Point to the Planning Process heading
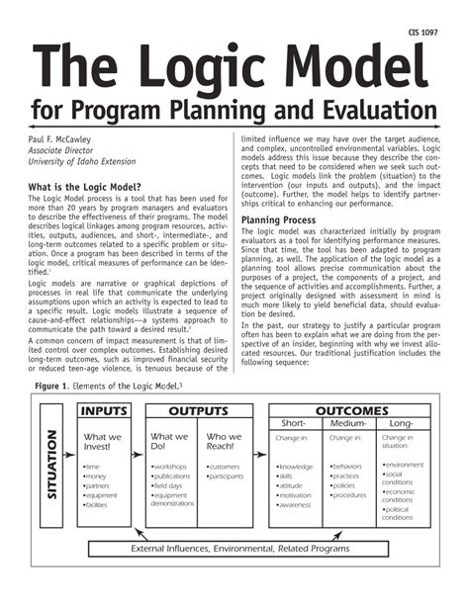(279, 218)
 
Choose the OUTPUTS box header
(197, 409)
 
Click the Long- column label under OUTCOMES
(402, 422)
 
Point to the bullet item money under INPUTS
(97, 476)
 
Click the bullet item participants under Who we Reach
(228, 476)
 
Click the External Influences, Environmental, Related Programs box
(240, 548)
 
